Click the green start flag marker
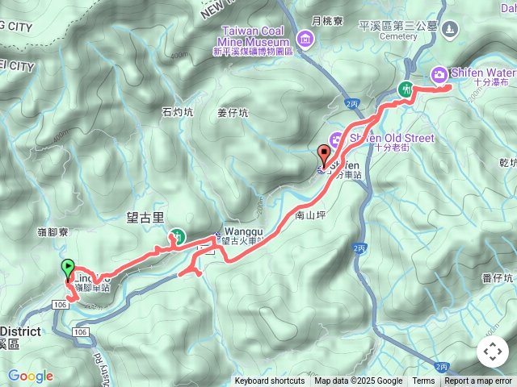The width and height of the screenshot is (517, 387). click(x=68, y=268)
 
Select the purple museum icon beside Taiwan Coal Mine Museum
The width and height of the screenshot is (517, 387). click(x=305, y=39)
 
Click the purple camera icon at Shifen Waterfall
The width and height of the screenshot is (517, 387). click(x=439, y=74)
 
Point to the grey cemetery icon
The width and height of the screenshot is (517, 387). click(x=449, y=28)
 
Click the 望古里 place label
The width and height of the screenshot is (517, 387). click(x=145, y=218)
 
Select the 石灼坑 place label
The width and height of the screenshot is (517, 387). click(x=178, y=112)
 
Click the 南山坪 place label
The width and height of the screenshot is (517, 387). click(x=310, y=215)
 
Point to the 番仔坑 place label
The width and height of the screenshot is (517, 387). click(x=498, y=279)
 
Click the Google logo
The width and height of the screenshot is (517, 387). click(x=30, y=376)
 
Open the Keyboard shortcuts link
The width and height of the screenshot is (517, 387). click(x=270, y=381)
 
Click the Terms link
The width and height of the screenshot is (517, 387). click(x=423, y=381)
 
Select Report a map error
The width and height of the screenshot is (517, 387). click(x=478, y=381)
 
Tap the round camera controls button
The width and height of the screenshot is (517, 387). click(x=493, y=352)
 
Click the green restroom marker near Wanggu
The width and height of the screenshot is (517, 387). click(x=174, y=236)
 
